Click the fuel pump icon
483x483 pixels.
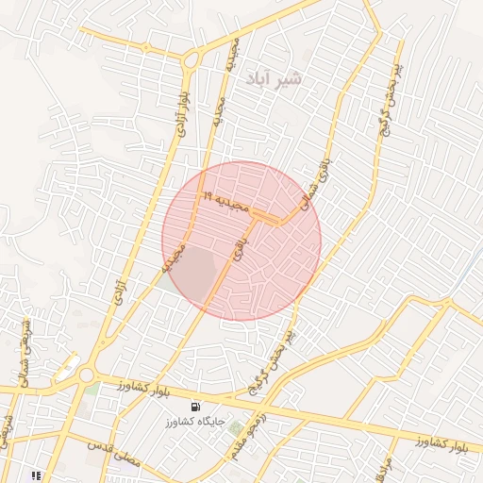[x=194, y=406]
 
